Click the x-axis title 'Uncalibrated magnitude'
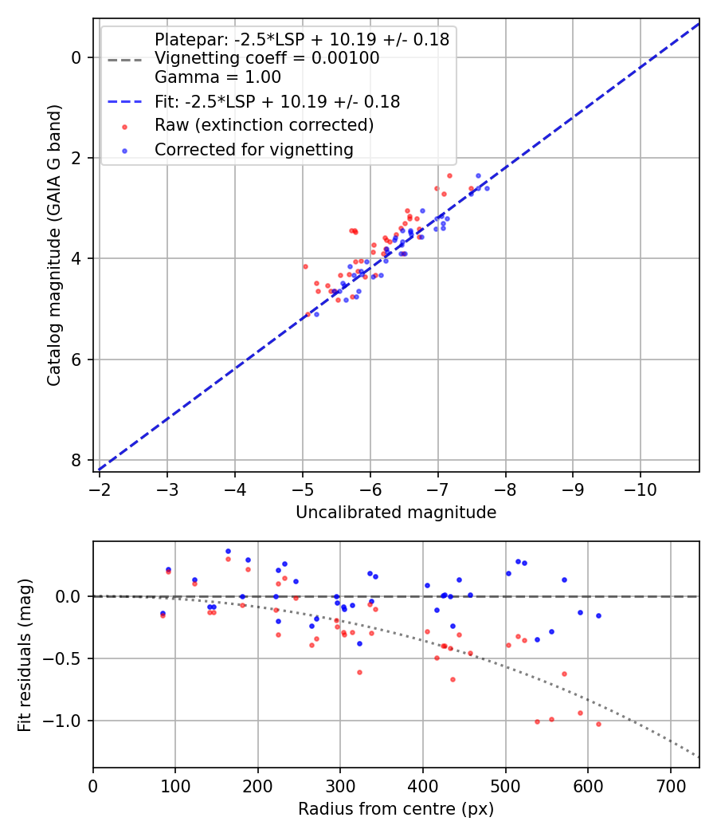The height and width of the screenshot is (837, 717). pyautogui.click(x=396, y=513)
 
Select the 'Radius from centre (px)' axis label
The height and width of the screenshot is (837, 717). pyautogui.click(x=396, y=809)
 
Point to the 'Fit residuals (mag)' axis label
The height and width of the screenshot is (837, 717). pyautogui.click(x=25, y=654)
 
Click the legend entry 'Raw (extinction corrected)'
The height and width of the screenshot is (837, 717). pyautogui.click(x=264, y=125)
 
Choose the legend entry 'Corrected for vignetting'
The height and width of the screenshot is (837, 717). pyautogui.click(x=254, y=149)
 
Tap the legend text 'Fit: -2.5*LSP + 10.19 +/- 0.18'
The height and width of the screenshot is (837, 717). pyautogui.click(x=277, y=101)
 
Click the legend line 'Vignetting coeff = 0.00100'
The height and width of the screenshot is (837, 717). pyautogui.click(x=267, y=58)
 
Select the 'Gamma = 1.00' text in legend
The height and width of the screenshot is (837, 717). pyautogui.click(x=217, y=77)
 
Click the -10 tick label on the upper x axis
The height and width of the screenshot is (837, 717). pyautogui.click(x=641, y=488)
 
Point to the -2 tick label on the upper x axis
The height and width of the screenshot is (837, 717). pyautogui.click(x=100, y=488)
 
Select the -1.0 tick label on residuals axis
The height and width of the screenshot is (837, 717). pyautogui.click(x=69, y=721)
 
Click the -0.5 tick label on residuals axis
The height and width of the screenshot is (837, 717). pyautogui.click(x=69, y=658)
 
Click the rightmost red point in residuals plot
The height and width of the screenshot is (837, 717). pyautogui.click(x=598, y=724)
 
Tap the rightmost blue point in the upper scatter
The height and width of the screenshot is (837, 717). pyautogui.click(x=487, y=188)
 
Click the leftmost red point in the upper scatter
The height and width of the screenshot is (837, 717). pyautogui.click(x=304, y=266)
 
